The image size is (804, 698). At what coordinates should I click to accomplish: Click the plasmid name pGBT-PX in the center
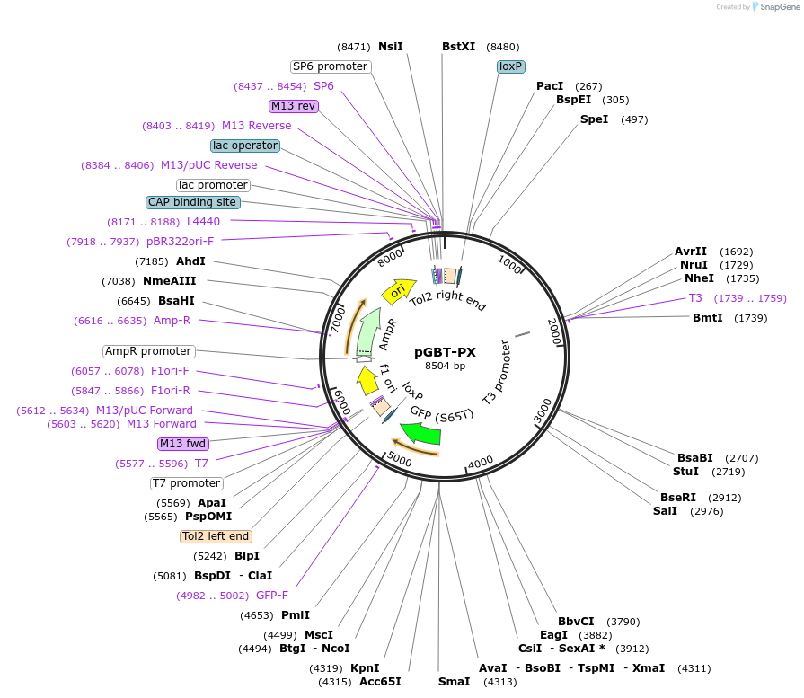click(x=445, y=352)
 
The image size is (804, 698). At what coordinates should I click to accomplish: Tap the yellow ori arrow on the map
click(x=398, y=291)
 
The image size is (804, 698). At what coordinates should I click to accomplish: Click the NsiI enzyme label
click(x=391, y=47)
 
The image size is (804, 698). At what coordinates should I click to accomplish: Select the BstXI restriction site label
click(x=458, y=47)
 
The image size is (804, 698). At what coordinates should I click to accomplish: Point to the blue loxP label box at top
click(x=511, y=66)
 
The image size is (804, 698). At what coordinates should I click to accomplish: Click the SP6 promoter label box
click(x=330, y=66)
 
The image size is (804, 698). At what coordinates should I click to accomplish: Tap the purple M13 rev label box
click(x=294, y=106)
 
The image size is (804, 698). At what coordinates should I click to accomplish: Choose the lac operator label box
click(x=245, y=146)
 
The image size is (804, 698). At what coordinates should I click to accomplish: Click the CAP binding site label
click(x=191, y=202)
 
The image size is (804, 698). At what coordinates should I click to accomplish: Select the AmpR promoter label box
click(x=148, y=351)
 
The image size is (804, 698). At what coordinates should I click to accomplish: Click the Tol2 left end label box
click(x=216, y=536)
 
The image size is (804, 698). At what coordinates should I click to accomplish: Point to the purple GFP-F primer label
click(x=272, y=595)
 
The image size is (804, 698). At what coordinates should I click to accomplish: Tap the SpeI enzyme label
click(x=594, y=119)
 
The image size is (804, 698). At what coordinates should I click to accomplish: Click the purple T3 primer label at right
click(x=695, y=298)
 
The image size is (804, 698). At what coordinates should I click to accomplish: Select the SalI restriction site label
click(x=665, y=511)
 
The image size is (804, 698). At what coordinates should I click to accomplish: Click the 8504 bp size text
click(x=445, y=366)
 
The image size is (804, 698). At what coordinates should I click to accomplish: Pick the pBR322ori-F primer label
click(x=181, y=241)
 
